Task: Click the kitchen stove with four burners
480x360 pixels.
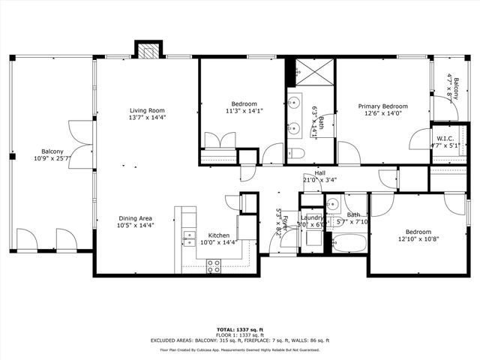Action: click(x=214, y=265)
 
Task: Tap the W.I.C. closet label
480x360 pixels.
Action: click(x=447, y=139)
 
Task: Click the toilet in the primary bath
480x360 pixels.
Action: click(x=296, y=154)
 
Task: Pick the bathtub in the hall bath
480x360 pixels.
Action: click(x=349, y=243)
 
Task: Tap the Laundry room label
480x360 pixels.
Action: click(x=311, y=217)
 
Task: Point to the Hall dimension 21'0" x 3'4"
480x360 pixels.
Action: click(x=319, y=180)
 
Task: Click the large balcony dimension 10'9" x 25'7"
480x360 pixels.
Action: click(x=52, y=158)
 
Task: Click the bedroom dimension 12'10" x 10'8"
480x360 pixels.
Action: click(x=418, y=239)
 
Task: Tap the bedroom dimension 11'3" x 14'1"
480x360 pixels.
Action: click(x=244, y=111)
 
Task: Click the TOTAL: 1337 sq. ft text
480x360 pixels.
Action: click(x=239, y=329)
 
